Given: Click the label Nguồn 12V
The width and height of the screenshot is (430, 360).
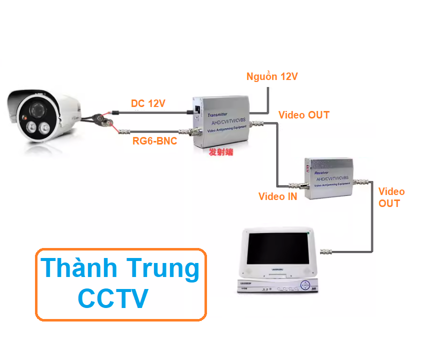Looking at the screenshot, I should pos(272,76).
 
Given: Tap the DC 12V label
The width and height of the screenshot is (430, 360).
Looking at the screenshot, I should pos(148,103).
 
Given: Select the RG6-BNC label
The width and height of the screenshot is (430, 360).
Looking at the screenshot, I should pos(154,141).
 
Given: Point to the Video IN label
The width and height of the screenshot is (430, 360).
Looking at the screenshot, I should pos(277,196).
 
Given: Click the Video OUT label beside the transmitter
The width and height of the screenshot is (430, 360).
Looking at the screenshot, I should pos(304,115).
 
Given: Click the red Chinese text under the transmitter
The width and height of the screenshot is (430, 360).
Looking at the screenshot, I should pos(221,152).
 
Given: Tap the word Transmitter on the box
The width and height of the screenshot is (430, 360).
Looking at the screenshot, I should pos(220,114).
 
